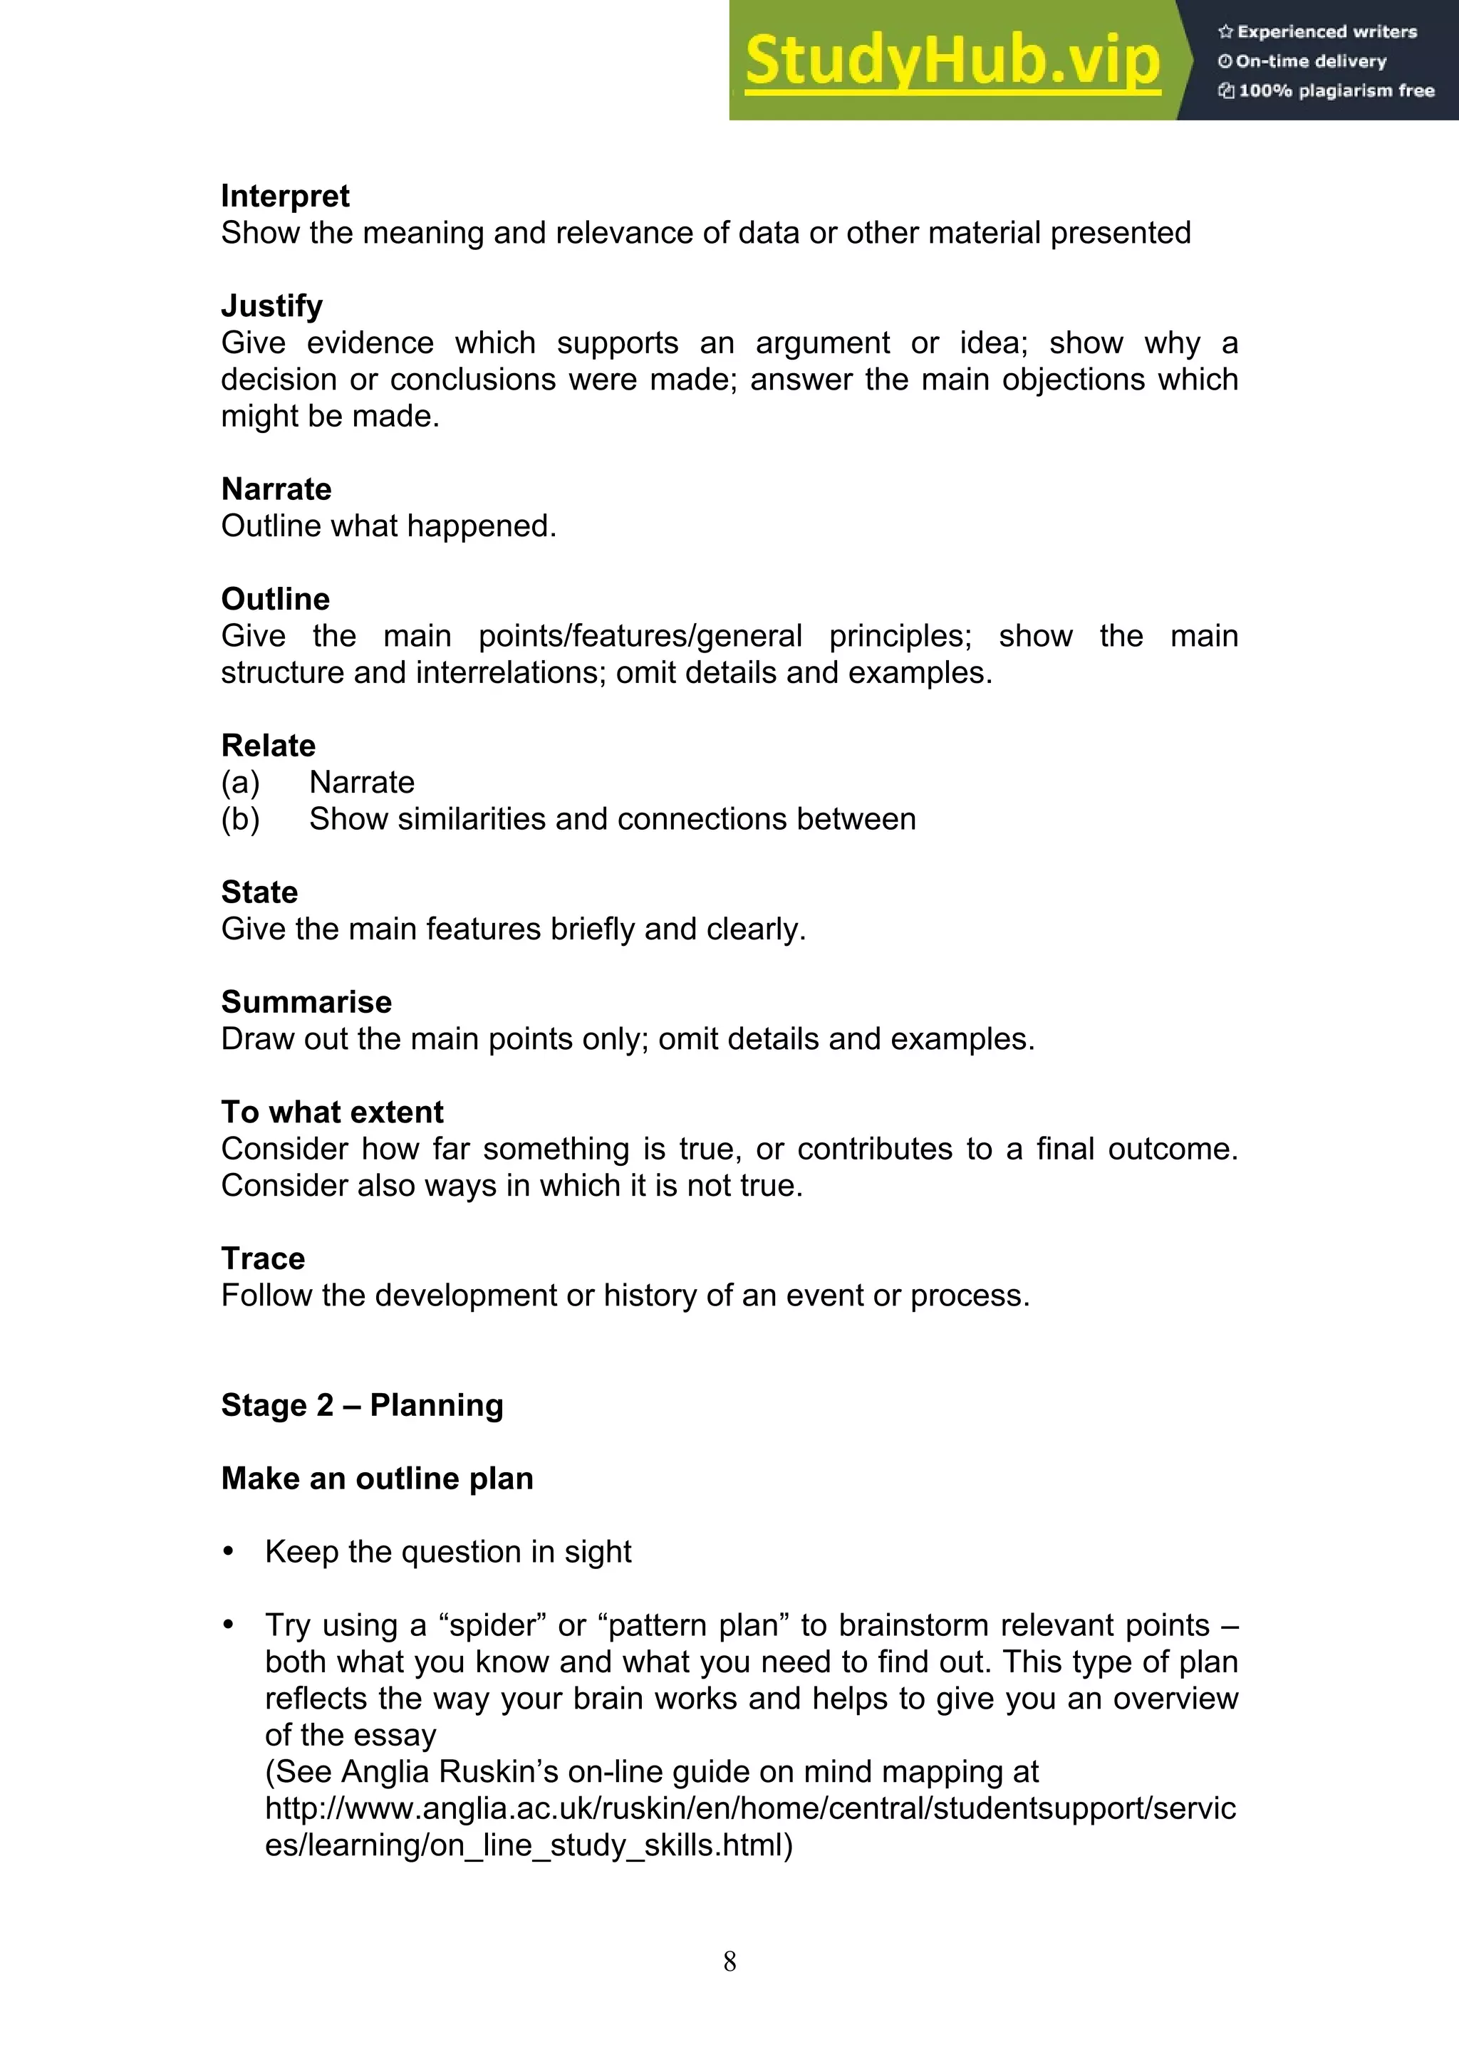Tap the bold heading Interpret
click(x=285, y=196)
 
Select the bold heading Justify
click(x=271, y=306)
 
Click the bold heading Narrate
click(x=276, y=489)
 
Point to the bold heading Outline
click(x=275, y=599)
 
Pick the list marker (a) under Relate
click(x=240, y=783)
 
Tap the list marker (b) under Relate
click(x=240, y=820)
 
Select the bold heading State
click(x=259, y=892)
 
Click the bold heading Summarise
click(x=306, y=1001)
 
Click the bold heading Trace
click(x=262, y=1258)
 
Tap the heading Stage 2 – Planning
click(x=361, y=1405)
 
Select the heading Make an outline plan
click(x=377, y=1478)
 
